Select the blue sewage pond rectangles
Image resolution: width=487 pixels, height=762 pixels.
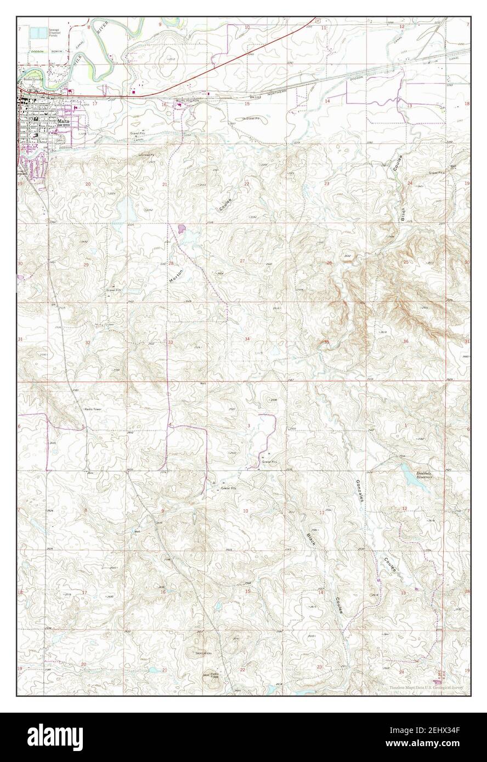coord(37,33)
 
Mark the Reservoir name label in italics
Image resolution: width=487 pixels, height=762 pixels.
coord(424,475)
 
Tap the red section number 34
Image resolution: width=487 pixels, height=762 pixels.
coord(247,339)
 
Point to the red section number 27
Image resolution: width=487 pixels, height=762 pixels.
coord(242,261)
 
